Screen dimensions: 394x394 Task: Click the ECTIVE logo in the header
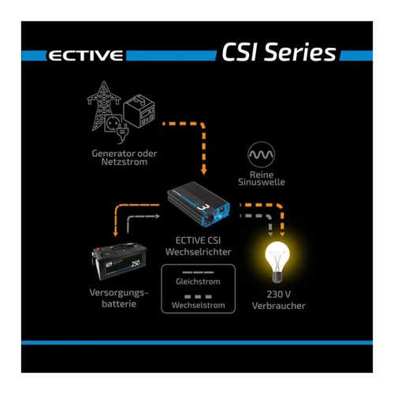click(86, 56)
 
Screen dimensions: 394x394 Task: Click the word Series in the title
click(300, 52)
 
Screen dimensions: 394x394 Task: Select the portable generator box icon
click(139, 112)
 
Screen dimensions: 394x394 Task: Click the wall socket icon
click(113, 123)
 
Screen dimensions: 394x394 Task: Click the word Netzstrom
click(125, 162)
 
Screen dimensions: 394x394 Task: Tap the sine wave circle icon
click(261, 154)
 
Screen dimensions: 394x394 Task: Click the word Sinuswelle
click(262, 182)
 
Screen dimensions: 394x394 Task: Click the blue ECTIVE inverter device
click(199, 206)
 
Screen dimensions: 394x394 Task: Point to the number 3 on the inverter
click(202, 207)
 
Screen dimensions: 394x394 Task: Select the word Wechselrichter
click(199, 251)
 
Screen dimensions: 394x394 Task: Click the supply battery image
click(119, 261)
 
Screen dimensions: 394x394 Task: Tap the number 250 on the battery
click(136, 263)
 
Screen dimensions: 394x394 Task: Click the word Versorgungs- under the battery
click(119, 293)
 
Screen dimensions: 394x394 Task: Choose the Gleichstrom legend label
click(198, 281)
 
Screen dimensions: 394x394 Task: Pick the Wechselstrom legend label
click(199, 305)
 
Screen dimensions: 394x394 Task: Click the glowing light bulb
click(277, 262)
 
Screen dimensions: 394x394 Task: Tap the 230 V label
click(279, 294)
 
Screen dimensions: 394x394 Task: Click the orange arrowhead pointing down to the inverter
click(203, 172)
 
